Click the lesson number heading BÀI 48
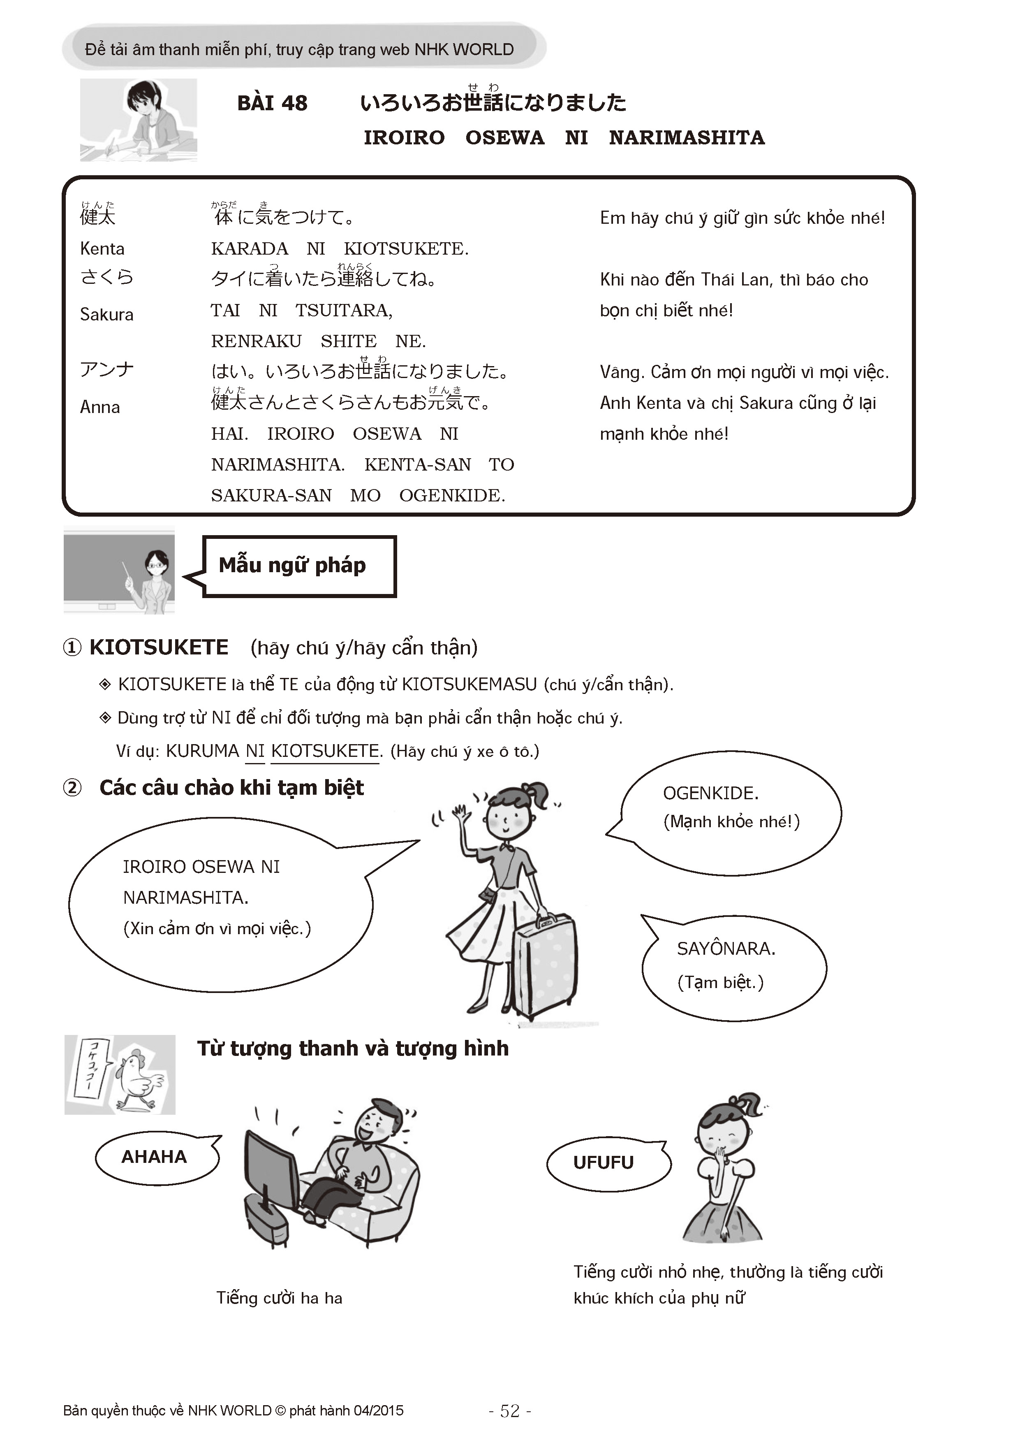pyautogui.click(x=272, y=103)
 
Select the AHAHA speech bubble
pyautogui.click(x=155, y=1157)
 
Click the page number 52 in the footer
pyautogui.click(x=510, y=1411)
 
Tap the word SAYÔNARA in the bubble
pyautogui.click(x=726, y=949)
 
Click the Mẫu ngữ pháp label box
pyautogui.click(x=299, y=566)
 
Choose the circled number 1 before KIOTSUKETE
pyautogui.click(x=72, y=647)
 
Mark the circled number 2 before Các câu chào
pyautogui.click(x=72, y=787)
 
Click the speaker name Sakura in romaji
pyautogui.click(x=107, y=314)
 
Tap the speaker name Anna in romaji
pyautogui.click(x=100, y=407)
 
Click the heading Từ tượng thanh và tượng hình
pyautogui.click(x=353, y=1048)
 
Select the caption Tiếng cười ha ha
pyautogui.click(x=280, y=1298)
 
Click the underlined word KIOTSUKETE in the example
pyautogui.click(x=325, y=751)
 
